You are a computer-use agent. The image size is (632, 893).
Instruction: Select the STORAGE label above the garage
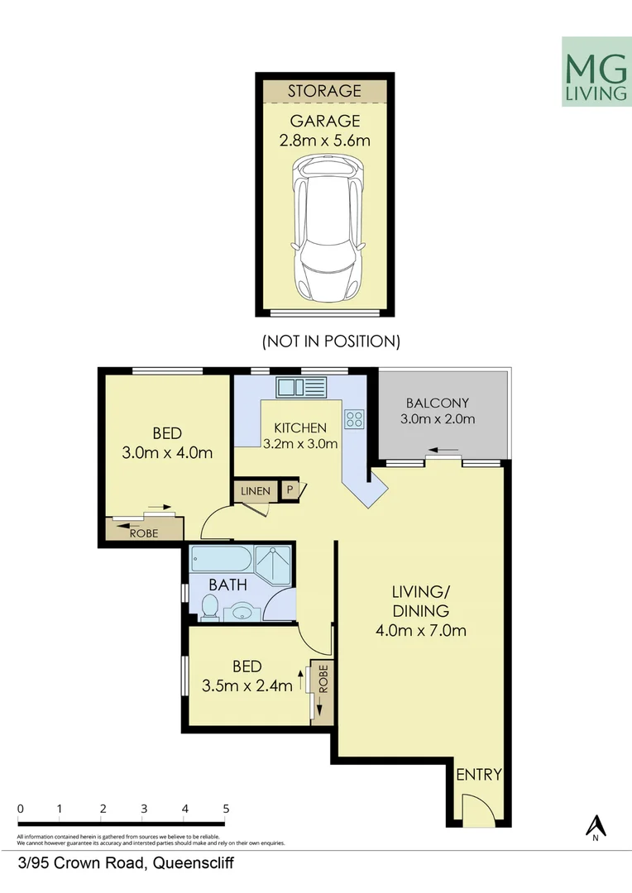point(324,91)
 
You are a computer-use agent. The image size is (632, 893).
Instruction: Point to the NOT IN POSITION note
point(331,341)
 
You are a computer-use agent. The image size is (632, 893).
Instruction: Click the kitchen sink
point(302,386)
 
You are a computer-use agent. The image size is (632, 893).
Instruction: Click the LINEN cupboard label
point(256,491)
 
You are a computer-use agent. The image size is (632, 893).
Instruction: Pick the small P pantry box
point(290,490)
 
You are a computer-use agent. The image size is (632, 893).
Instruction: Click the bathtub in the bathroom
point(221,561)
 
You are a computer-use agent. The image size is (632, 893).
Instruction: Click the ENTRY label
point(479,775)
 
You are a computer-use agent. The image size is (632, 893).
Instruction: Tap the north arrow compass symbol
point(595,827)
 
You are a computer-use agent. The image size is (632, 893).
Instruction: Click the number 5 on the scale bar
point(226,809)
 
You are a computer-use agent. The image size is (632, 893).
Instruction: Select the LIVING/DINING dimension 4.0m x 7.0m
point(421,632)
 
